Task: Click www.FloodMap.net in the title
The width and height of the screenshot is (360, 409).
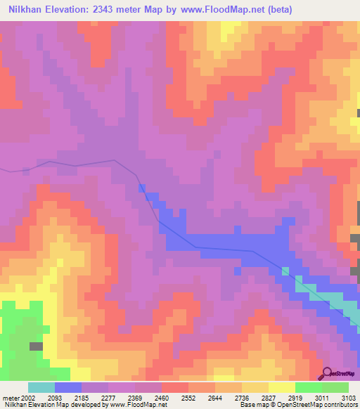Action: [219, 10]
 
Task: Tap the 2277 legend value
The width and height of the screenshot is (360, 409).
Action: [109, 397]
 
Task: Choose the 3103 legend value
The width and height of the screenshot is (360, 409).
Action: [348, 397]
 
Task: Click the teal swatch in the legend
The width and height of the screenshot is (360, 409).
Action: [41, 387]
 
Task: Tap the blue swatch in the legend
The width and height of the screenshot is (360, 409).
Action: [68, 387]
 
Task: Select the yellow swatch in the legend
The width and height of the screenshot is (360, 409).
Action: [282, 387]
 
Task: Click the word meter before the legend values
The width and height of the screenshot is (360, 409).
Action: [9, 397]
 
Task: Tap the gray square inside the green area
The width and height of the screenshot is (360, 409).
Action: [36, 346]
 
